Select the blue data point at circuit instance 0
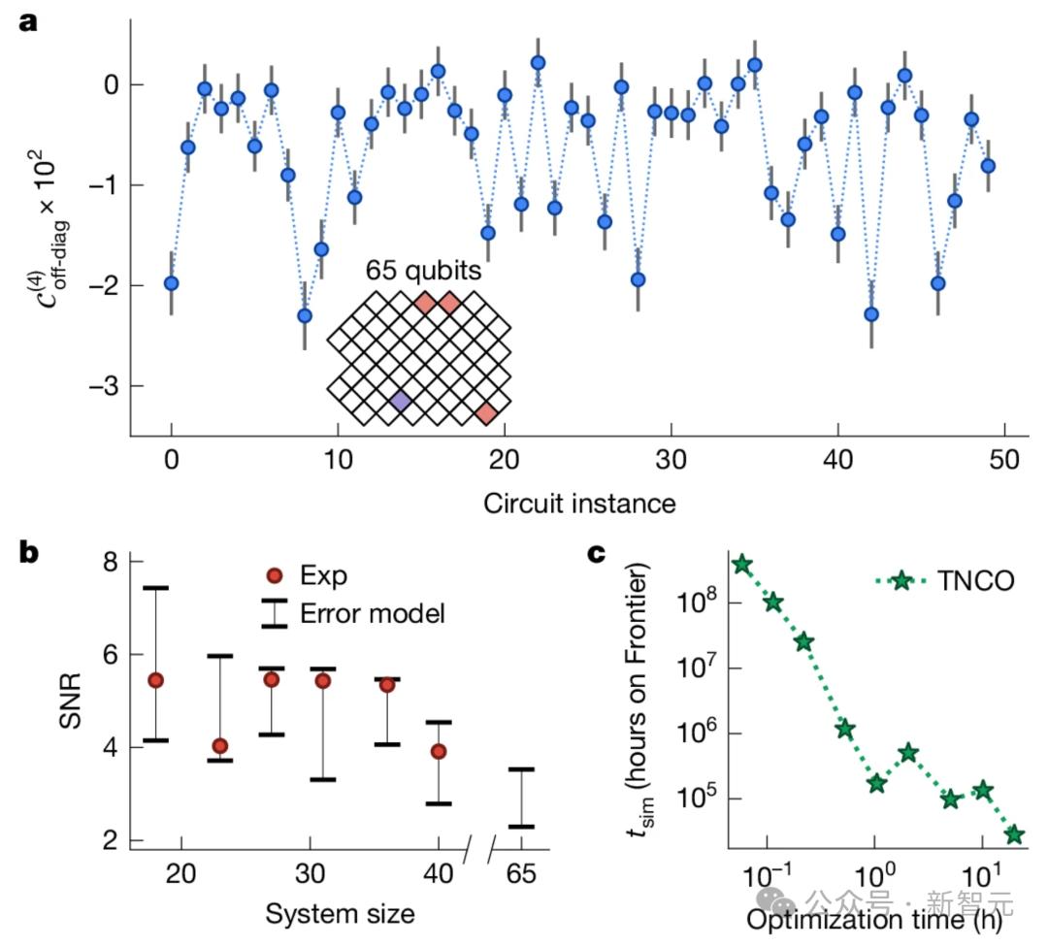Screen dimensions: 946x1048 [172, 283]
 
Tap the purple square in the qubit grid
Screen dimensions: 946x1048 [400, 402]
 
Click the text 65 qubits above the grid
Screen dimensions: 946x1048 [423, 272]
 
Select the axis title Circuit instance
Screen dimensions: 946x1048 [579, 503]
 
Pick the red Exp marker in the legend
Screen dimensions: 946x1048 [275, 576]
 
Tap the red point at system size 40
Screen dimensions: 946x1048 [439, 751]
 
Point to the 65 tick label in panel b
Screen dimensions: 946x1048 [522, 873]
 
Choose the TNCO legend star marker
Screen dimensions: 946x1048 [901, 580]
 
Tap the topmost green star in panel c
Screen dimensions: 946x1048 [742, 565]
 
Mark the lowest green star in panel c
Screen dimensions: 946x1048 [1015, 834]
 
